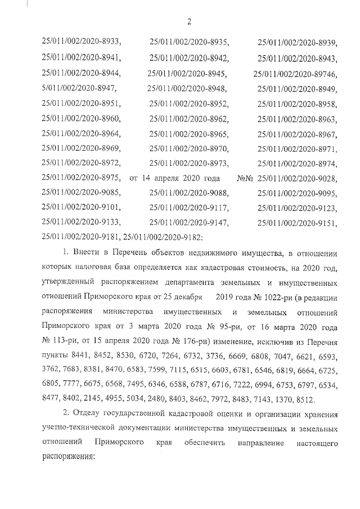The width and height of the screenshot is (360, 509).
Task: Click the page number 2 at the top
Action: [x=188, y=22]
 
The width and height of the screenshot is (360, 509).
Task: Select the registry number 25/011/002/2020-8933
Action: [x=81, y=42]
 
